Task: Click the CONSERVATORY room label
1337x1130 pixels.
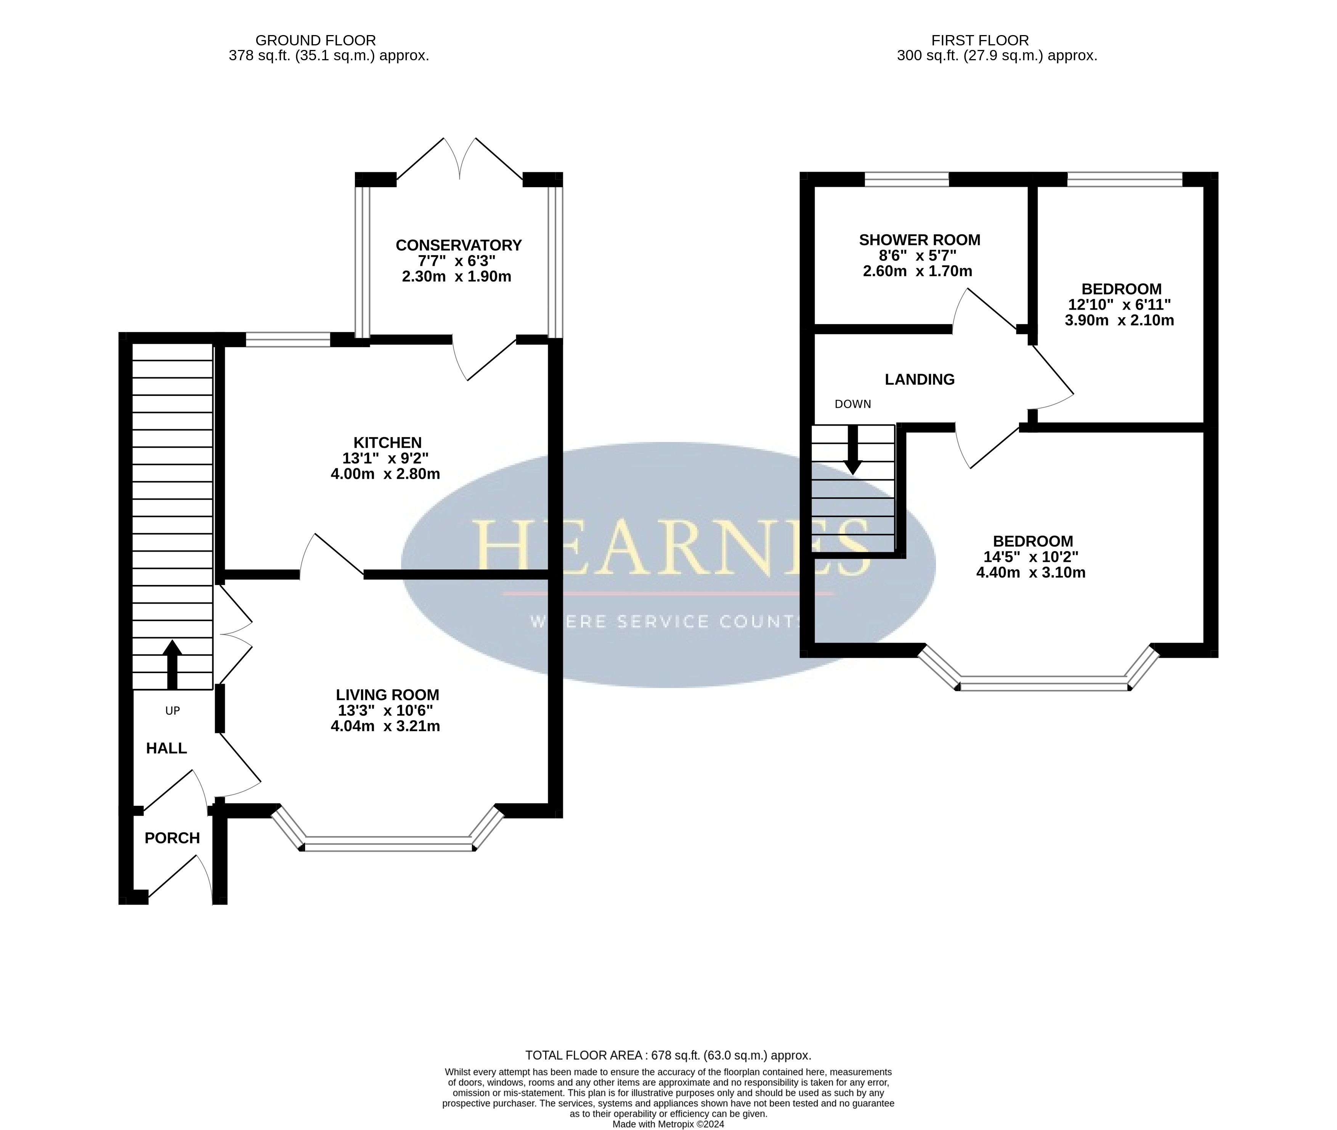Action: [459, 245]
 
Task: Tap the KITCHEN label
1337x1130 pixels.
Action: [387, 443]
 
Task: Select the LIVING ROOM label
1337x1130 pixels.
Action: [387, 695]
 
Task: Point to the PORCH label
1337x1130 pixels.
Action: [172, 838]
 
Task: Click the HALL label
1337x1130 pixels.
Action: [167, 748]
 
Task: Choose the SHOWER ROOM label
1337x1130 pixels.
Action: [920, 240]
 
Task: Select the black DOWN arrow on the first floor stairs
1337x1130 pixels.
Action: [853, 450]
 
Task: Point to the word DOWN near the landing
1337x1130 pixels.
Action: [853, 404]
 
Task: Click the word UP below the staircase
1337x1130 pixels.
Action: [172, 710]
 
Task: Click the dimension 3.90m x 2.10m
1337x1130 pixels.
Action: [1119, 320]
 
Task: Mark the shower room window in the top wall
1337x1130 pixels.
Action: [907, 179]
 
